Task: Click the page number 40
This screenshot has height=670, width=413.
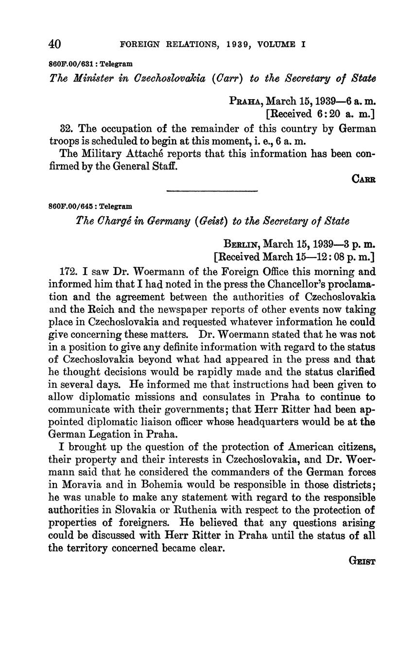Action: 54,44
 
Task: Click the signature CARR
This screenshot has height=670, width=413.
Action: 363,179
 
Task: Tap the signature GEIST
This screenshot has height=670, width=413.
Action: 362,561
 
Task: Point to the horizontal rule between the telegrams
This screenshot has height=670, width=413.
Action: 212,191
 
